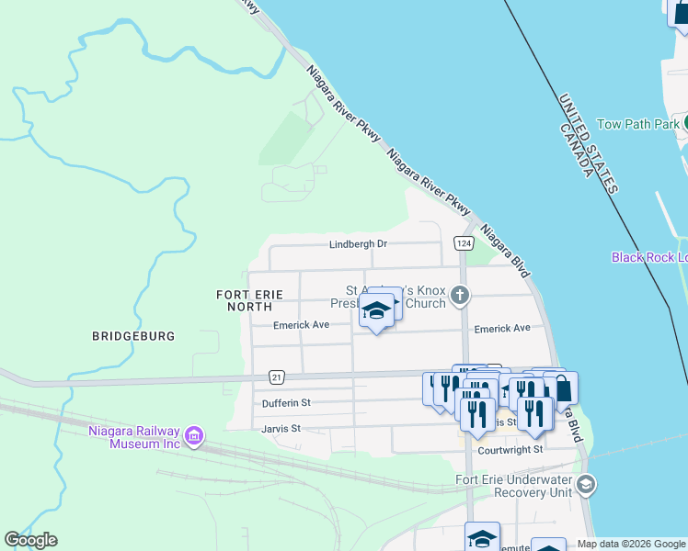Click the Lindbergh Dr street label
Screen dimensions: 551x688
click(x=359, y=244)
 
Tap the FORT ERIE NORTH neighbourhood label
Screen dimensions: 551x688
click(x=249, y=300)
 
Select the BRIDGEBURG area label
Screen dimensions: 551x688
click(x=133, y=336)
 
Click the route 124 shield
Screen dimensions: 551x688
click(x=463, y=242)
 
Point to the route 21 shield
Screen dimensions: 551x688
click(x=276, y=377)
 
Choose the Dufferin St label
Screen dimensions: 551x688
click(x=285, y=402)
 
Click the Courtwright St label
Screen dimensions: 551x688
click(x=510, y=450)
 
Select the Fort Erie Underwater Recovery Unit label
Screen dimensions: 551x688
click(x=515, y=487)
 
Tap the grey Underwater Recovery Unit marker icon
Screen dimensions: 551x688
click(x=586, y=484)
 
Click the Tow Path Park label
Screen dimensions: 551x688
click(x=637, y=124)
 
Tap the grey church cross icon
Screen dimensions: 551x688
click(x=461, y=295)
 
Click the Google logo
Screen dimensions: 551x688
click(x=30, y=540)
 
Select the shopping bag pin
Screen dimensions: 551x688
click(x=562, y=389)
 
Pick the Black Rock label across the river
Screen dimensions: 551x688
click(x=648, y=257)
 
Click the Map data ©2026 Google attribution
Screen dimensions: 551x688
click(x=631, y=544)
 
